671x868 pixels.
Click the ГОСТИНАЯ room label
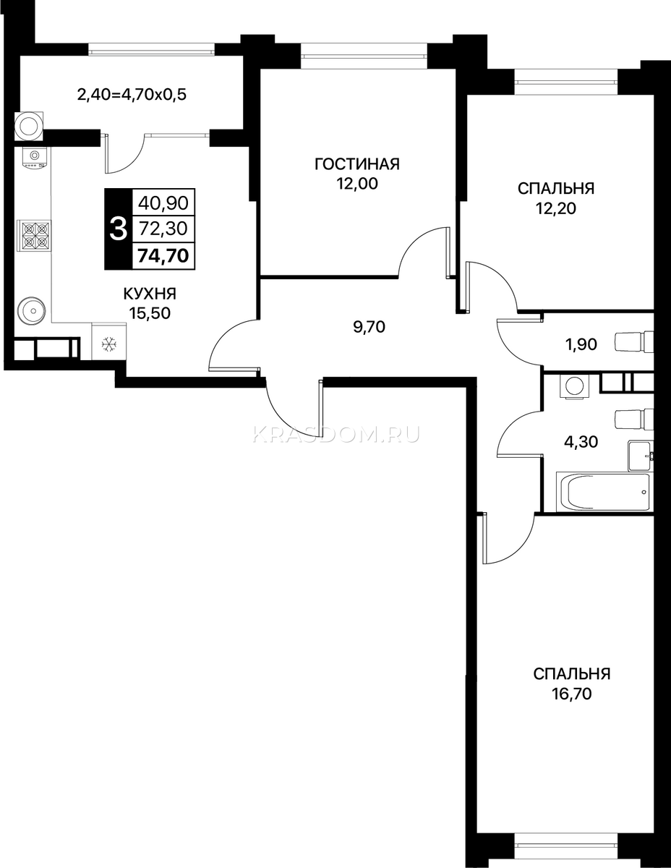coord(357,164)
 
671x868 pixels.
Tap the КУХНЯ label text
coord(150,294)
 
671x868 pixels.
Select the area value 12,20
coord(556,208)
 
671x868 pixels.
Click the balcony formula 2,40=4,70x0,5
coord(132,95)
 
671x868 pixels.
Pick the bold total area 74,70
coord(163,255)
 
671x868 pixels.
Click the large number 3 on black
coord(119,230)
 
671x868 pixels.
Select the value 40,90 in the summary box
coord(163,203)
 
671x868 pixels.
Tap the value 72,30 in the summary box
coord(163,229)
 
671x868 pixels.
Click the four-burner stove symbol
coord(34,236)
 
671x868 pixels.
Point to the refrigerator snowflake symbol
coord(108,343)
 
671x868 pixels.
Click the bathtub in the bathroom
coord(603,493)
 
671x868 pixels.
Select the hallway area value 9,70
coord(369,327)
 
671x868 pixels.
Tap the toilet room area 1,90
coord(581,344)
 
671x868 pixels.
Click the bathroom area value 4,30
coord(581,442)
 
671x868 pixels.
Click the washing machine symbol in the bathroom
coord(574,386)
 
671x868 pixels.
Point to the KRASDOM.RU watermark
coord(336,435)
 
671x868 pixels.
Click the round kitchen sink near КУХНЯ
coord(31,310)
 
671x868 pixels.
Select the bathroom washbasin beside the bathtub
coord(641,456)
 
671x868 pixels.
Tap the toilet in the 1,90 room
coord(634,342)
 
